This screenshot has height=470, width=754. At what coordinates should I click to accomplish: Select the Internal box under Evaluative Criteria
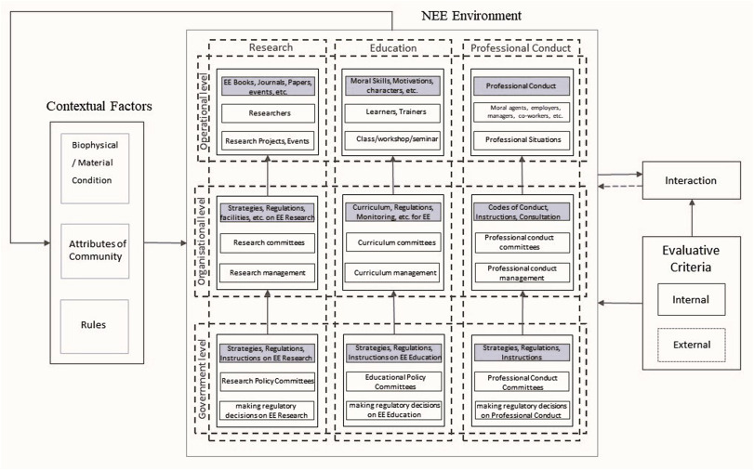coord(692,300)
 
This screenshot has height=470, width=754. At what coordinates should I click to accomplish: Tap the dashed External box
coord(692,345)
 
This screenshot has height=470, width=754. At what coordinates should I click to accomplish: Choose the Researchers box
coord(267,113)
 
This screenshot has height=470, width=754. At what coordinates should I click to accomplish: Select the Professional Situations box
coord(521,140)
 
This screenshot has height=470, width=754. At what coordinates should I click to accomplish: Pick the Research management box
coord(267,273)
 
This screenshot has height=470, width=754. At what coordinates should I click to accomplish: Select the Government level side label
coord(204,382)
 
